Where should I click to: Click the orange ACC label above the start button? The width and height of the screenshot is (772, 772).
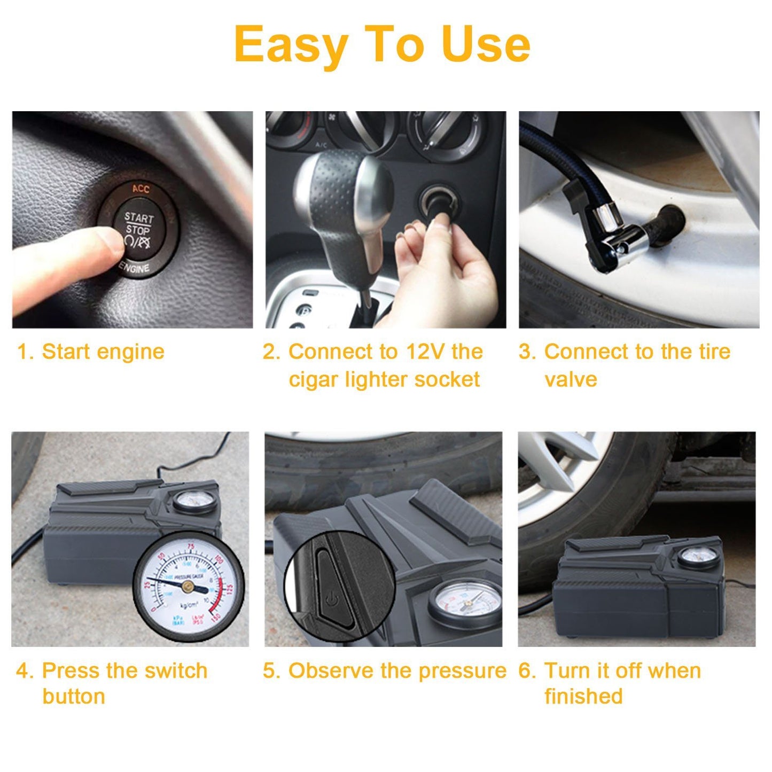[x=141, y=189]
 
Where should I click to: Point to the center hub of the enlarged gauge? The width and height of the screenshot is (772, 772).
[x=188, y=586]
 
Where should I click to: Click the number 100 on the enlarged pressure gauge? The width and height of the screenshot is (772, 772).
[x=217, y=560]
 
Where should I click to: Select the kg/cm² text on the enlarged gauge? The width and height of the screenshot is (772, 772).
[x=189, y=605]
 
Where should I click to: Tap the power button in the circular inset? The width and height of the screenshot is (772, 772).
[x=330, y=599]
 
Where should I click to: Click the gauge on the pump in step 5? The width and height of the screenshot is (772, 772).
[x=465, y=603]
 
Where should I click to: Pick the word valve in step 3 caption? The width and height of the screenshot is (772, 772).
[x=570, y=380]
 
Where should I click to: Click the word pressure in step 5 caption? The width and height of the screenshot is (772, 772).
[x=462, y=672]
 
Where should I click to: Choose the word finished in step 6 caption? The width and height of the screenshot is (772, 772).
[x=583, y=697]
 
